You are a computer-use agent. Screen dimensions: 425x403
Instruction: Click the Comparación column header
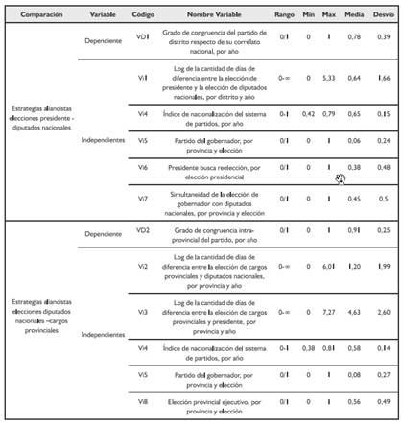(x=38, y=16)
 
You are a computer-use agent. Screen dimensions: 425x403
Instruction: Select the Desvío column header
(x=384, y=16)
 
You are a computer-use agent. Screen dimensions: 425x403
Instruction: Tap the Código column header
(x=142, y=16)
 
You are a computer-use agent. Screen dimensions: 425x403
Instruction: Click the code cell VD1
(x=142, y=36)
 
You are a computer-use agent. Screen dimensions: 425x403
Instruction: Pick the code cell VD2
(x=142, y=231)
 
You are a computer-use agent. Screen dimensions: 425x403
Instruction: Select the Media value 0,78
(x=355, y=36)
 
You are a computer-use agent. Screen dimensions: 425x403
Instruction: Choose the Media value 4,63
(x=355, y=312)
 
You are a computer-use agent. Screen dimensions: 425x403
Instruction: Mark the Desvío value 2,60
(x=384, y=312)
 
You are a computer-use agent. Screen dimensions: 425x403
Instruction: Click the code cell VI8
(x=142, y=401)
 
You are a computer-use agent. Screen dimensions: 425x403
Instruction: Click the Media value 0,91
(x=355, y=231)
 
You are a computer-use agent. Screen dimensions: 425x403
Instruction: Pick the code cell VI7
(x=142, y=199)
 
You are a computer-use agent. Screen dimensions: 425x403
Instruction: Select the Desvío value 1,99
(x=384, y=264)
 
